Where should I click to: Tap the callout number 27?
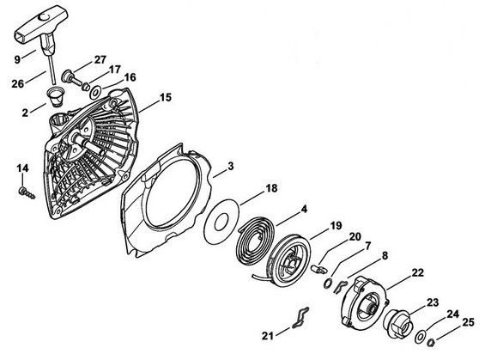100,59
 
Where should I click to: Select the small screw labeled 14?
27,192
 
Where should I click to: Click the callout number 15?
166,97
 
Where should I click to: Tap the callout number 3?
230,166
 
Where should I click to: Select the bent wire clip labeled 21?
300,318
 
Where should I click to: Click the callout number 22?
418,272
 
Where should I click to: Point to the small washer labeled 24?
419,338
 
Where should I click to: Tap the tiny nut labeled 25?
431,343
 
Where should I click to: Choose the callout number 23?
433,302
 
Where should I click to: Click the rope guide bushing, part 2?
53,97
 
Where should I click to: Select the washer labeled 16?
95,93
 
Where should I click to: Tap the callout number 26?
17,83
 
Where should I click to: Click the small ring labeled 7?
327,284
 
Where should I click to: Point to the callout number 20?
355,237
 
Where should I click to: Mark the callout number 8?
385,256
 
